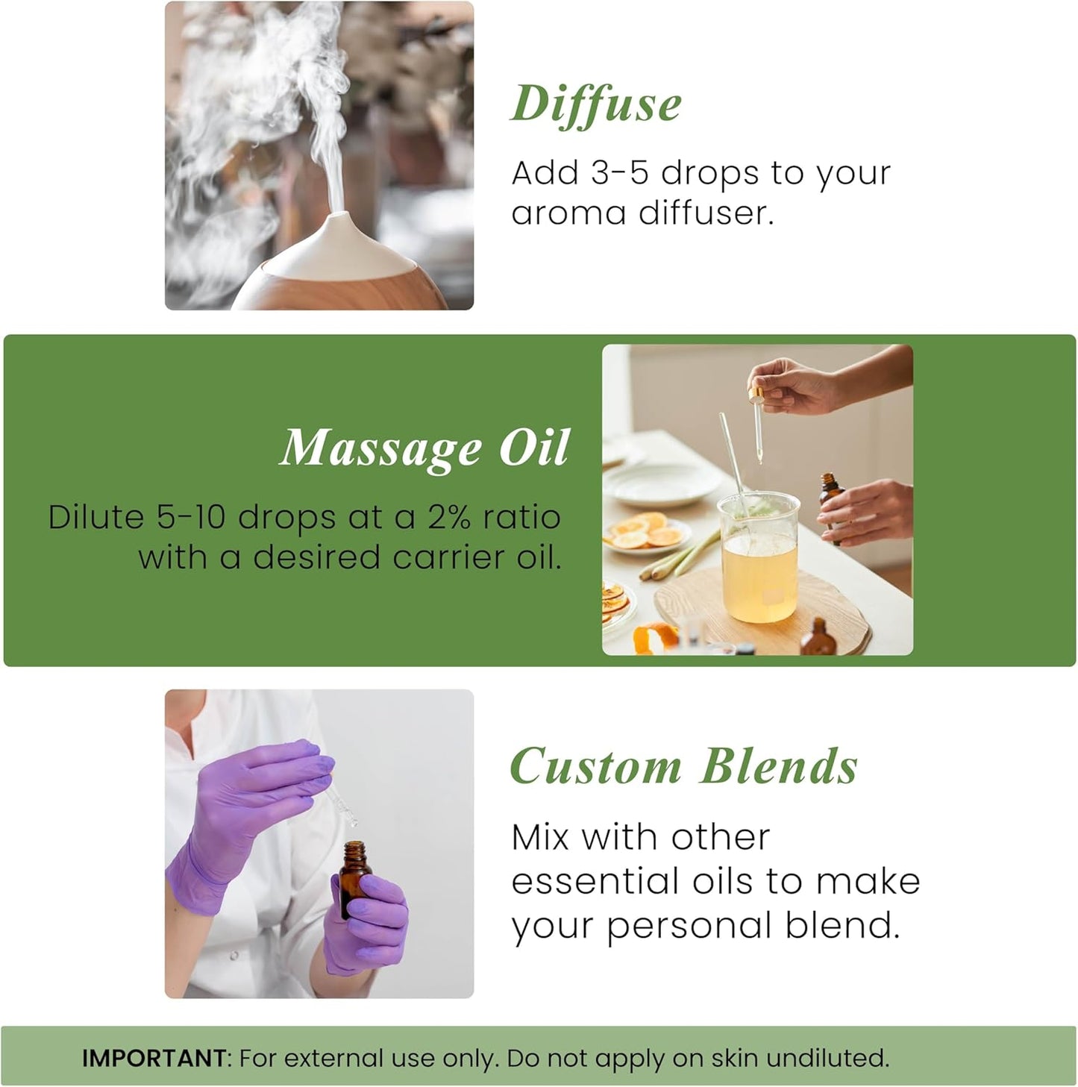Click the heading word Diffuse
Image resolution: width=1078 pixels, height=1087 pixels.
click(x=596, y=104)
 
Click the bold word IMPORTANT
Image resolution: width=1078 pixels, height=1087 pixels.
click(x=154, y=1058)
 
